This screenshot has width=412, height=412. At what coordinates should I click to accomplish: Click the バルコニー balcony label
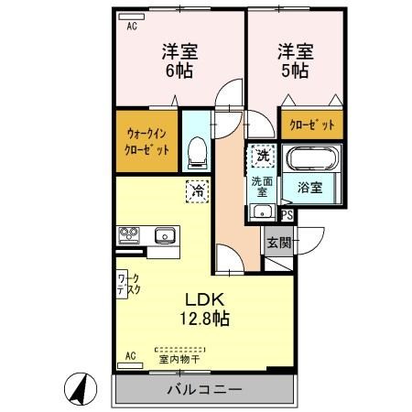click(204, 390)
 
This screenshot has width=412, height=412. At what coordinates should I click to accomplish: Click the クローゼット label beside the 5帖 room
click(312, 125)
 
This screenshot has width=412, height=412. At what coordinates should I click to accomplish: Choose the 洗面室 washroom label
click(260, 187)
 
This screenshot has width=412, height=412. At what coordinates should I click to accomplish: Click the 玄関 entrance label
click(278, 243)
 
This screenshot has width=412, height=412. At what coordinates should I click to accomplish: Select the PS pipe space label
click(287, 216)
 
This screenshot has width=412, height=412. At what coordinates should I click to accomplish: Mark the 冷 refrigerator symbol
click(197, 191)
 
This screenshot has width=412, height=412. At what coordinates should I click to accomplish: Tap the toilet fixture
click(195, 154)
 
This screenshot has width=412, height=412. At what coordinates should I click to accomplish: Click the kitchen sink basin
click(164, 234)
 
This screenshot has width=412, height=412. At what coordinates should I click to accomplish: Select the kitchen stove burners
click(126, 235)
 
